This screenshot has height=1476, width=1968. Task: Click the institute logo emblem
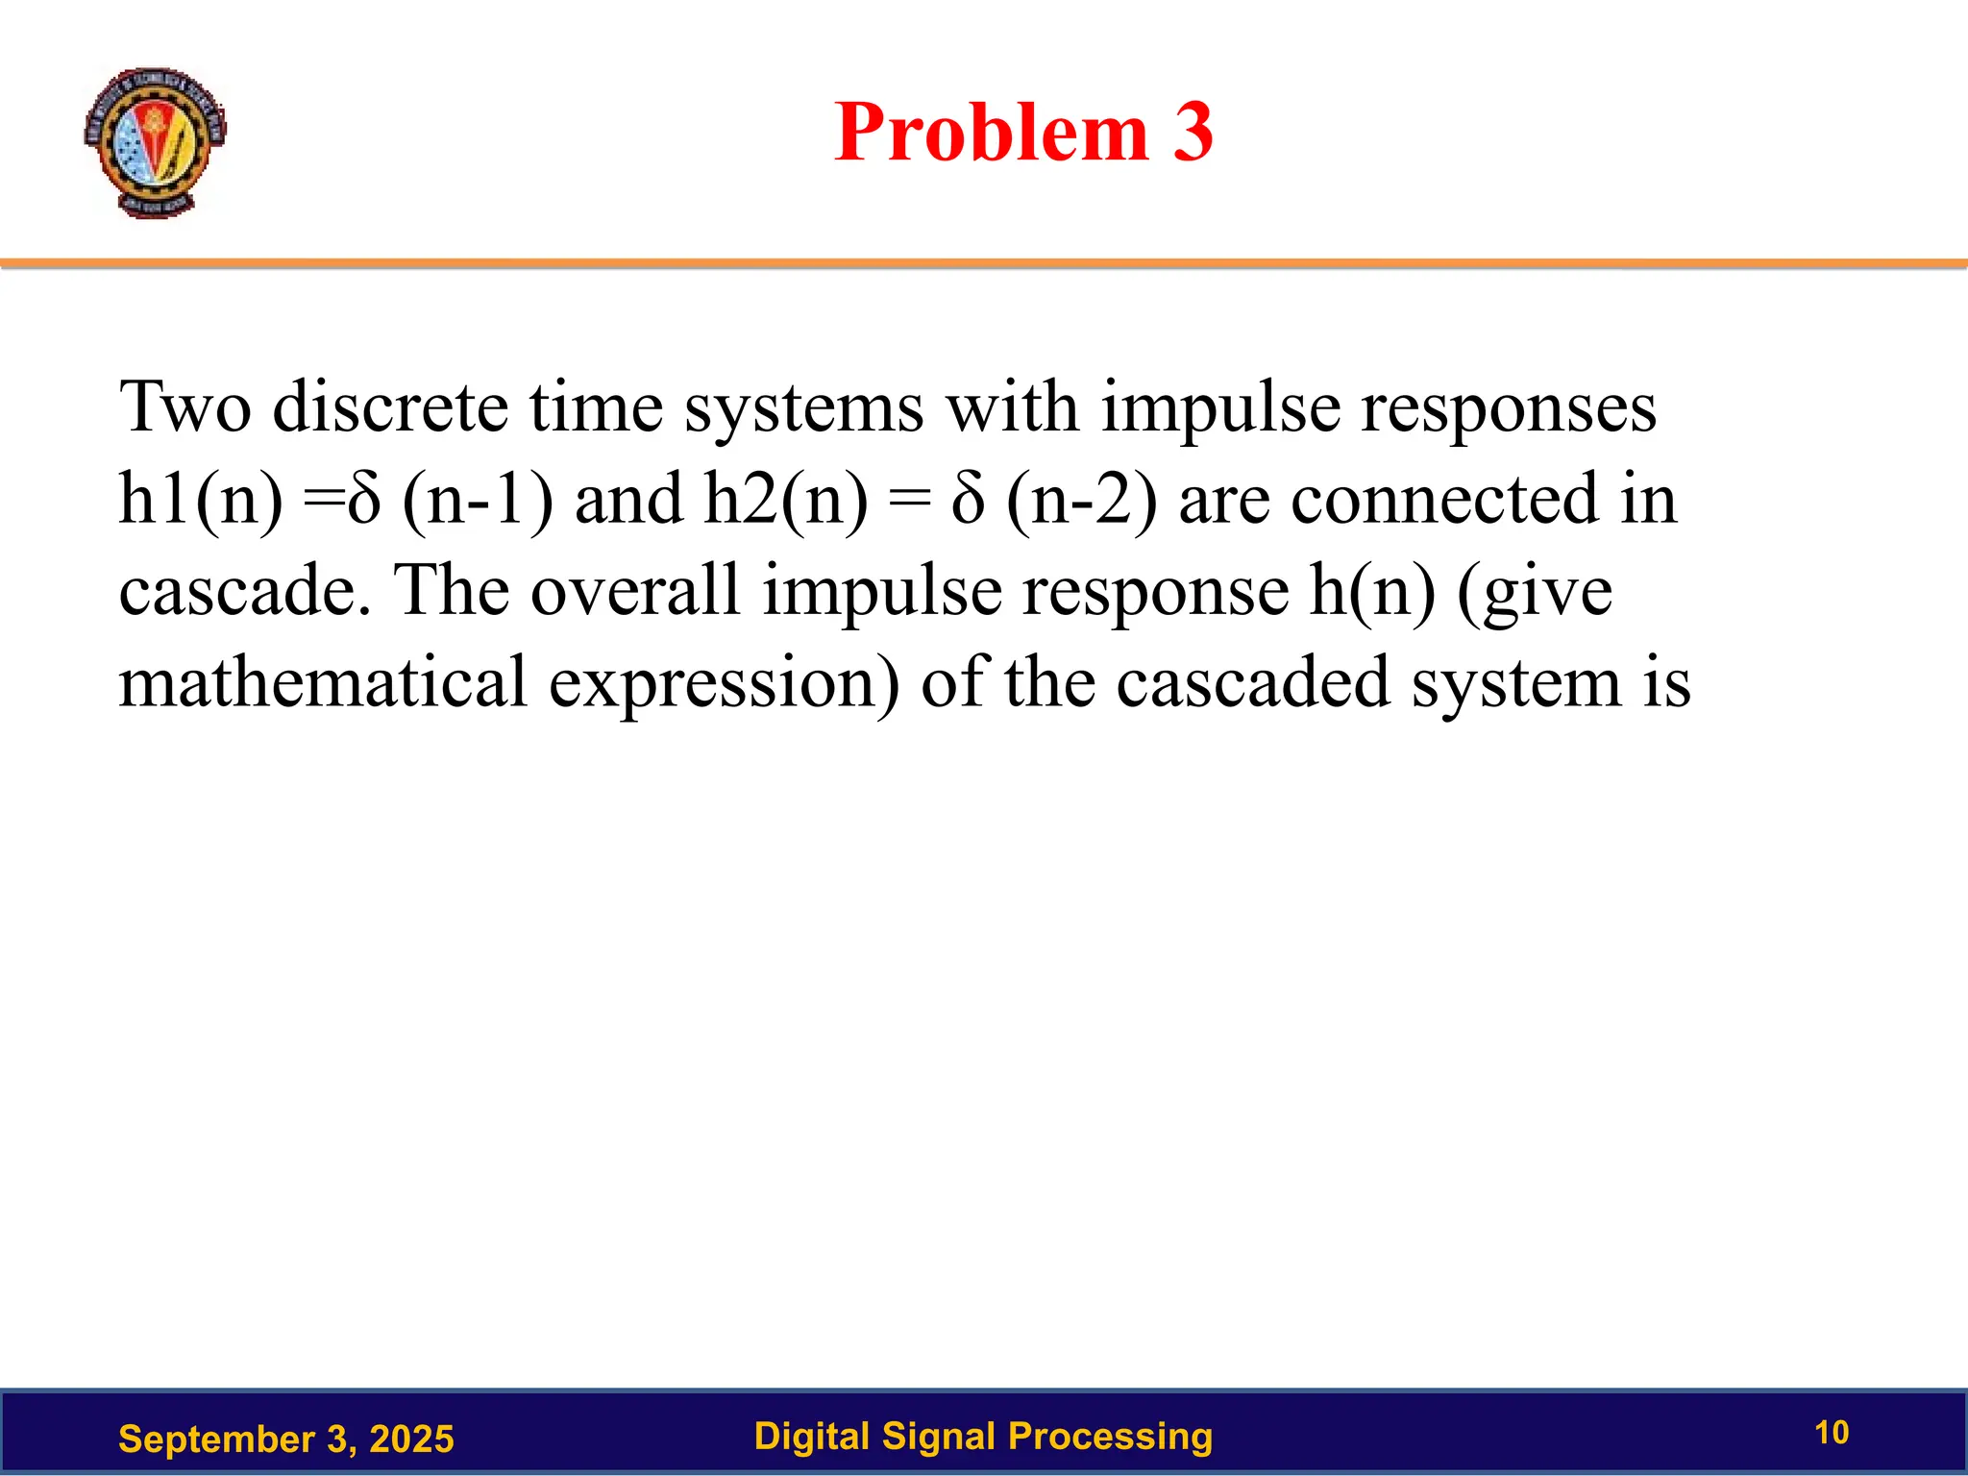155,142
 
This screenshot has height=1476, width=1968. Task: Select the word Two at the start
184,407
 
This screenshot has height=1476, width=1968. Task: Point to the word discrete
389,407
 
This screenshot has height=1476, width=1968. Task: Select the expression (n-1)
478,500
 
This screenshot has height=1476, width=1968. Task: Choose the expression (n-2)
1081,500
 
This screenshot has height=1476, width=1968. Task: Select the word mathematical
323,682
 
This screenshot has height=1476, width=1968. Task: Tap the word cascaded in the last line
1253,682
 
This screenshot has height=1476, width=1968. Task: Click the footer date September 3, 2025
285,1439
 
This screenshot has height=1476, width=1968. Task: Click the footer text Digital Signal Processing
983,1436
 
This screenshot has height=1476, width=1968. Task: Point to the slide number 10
1832,1433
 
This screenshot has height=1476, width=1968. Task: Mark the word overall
635,591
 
